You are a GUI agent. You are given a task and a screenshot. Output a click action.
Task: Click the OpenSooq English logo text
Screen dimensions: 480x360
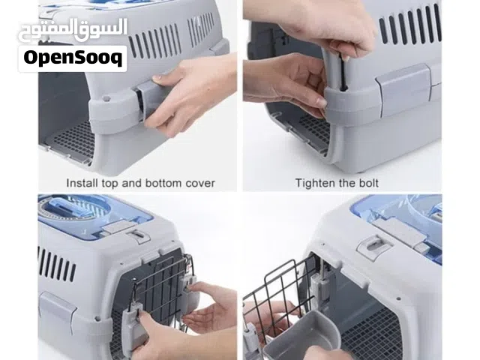point(73,58)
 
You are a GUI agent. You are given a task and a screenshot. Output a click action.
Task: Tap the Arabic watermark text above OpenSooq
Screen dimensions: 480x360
point(73,30)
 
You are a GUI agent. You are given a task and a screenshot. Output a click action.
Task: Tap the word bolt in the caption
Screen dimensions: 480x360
point(368,183)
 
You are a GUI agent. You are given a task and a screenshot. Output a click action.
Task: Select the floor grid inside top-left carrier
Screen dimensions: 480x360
point(73,140)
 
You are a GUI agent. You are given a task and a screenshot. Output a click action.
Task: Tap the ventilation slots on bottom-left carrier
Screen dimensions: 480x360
point(57,265)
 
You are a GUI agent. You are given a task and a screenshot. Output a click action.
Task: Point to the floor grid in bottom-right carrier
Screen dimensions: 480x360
point(370,334)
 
